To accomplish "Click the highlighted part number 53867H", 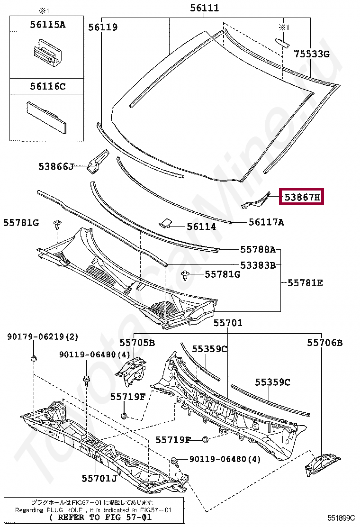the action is [x=302, y=196].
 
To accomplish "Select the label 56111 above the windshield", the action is [x=205, y=8].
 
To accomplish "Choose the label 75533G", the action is [x=311, y=54].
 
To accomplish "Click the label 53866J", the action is [x=56, y=166].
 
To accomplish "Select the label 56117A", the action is [x=266, y=222].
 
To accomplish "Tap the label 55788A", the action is [x=258, y=249].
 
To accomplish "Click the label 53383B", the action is [x=258, y=265].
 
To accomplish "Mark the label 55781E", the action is [x=306, y=283].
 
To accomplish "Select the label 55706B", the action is [x=324, y=342].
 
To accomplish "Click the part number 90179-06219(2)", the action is [x=42, y=337].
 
